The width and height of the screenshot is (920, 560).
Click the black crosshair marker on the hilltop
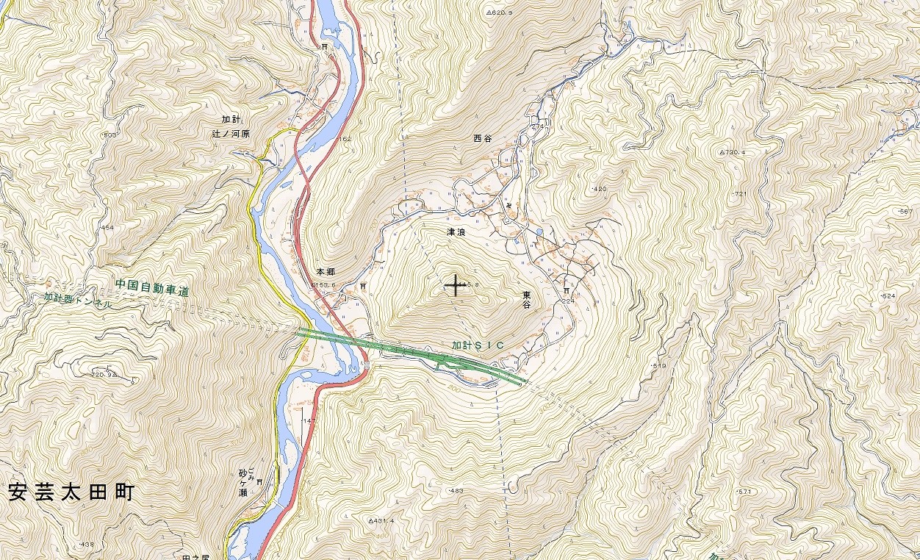pos(456,286)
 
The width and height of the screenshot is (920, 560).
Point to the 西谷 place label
pos(482,138)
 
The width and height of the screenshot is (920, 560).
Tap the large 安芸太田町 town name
pos(71,492)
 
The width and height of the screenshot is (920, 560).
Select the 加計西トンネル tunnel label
pos(78,300)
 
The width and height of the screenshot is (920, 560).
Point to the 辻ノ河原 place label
pos(230,134)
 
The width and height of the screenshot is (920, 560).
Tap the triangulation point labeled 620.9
pos(499,12)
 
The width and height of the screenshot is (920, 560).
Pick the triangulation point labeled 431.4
pos(381,520)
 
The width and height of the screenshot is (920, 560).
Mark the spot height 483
pos(456,490)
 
